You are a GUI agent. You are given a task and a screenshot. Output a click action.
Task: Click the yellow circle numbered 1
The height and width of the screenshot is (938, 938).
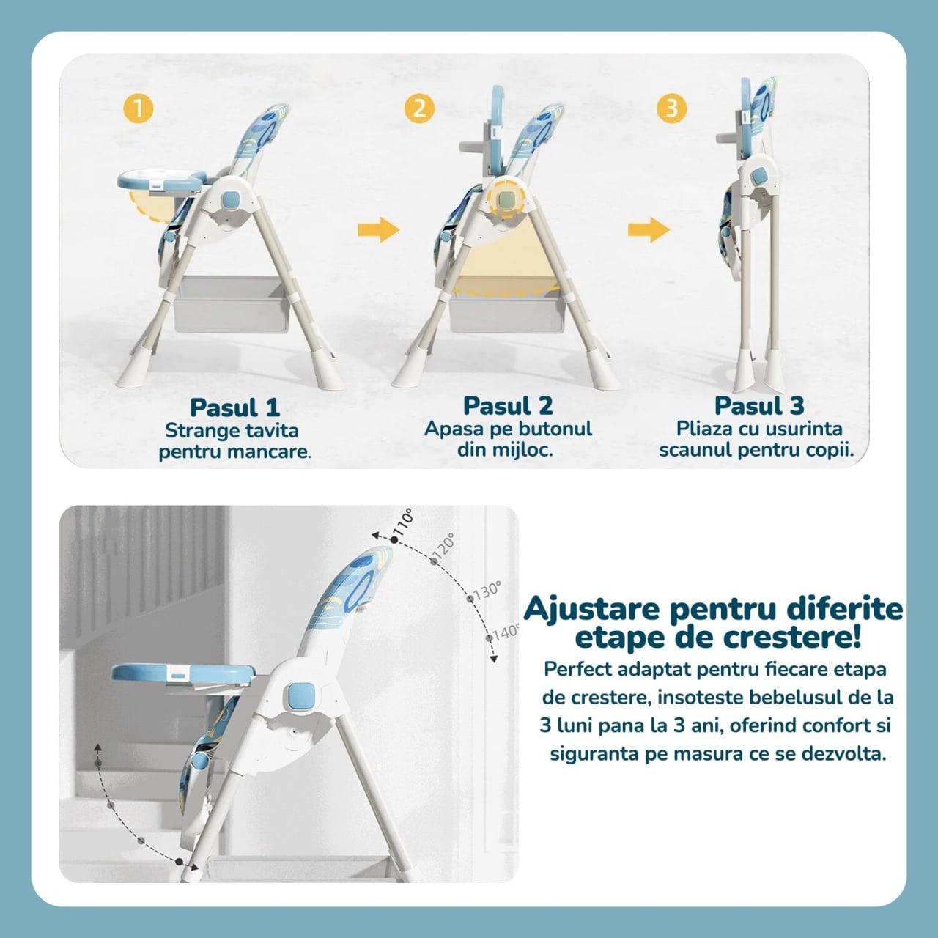139,108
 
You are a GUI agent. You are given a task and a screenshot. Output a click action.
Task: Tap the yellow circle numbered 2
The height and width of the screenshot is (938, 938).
419,108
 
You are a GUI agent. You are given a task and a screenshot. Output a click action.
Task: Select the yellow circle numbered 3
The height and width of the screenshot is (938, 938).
672,108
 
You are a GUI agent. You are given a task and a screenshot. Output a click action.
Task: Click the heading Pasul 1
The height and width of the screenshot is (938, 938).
234,408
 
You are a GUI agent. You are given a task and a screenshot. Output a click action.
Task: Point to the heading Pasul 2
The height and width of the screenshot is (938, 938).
508,405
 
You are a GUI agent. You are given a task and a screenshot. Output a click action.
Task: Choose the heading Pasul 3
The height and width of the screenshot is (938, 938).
759,405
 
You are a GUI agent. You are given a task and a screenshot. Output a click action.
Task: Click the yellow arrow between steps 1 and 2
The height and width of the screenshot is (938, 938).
379,229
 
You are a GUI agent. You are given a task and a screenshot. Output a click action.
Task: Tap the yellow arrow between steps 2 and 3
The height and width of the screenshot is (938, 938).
649,229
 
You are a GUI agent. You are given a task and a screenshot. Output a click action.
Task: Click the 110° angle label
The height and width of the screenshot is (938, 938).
404,522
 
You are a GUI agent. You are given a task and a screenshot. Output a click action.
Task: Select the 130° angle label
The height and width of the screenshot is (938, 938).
487,590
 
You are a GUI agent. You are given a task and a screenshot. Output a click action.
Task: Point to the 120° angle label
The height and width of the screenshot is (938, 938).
443,546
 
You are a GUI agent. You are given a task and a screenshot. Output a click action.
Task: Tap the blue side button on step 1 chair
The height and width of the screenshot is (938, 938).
231,200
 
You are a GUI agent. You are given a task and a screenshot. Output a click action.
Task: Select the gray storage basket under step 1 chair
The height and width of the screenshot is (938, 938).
232,305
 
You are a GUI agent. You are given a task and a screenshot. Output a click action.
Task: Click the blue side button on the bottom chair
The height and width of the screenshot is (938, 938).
300,697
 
